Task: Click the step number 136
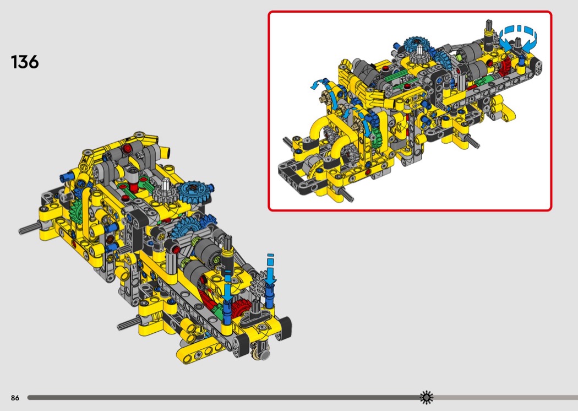[x=25, y=62]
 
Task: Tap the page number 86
[x=15, y=398]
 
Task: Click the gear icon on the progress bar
[x=427, y=397]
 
